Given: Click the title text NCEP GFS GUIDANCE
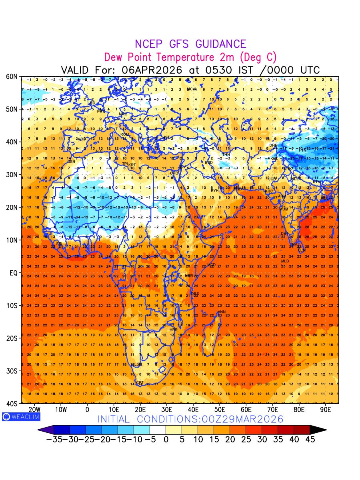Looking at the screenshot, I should [190, 44].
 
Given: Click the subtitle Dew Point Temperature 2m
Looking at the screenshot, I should [190, 57].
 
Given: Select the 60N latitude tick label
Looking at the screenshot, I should [12, 76].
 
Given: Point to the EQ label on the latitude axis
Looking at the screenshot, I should [14, 273].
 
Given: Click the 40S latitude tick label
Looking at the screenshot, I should [12, 404].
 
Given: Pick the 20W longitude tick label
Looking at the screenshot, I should [34, 410].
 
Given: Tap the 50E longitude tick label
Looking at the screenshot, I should [220, 410].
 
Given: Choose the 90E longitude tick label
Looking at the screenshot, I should [326, 410].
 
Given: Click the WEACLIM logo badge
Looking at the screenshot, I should [16, 417].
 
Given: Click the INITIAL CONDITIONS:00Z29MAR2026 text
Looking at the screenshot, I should [190, 419].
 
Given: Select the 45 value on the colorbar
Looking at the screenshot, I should [310, 439].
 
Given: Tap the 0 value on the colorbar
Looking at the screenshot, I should [166, 439].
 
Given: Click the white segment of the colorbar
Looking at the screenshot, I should [158, 430].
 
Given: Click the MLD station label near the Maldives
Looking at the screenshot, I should [285, 261].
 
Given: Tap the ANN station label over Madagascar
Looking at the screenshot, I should [222, 312].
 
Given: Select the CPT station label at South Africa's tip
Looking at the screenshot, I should [140, 383].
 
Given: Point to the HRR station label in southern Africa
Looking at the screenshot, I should [168, 330].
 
